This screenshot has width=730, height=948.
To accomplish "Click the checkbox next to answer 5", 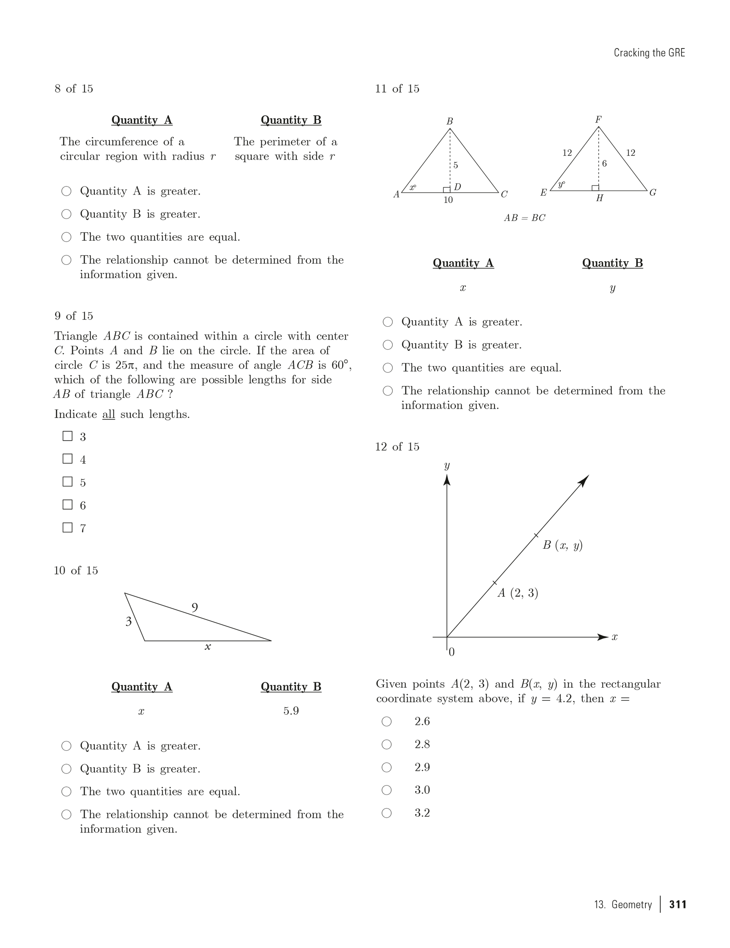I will pos(68,482).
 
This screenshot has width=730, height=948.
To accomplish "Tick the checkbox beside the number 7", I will pos(68,527).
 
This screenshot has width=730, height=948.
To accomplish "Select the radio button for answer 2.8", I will pos(387,744).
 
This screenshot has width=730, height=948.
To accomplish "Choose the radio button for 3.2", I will pos(387,813).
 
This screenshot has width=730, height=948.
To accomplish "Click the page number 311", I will pos(677,904).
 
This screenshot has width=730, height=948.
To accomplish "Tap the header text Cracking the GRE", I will pos(649,53).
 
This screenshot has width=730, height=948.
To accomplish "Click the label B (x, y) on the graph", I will pos(562,545).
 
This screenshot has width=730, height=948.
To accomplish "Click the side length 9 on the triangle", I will pos(195,607).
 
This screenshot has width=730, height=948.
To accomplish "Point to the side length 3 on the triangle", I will pos(129,621).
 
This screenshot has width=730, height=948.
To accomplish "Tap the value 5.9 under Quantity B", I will pos(291,711).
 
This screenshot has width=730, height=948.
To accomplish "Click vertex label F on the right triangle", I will pos(598,119).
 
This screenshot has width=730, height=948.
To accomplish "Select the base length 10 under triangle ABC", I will pos(448,200).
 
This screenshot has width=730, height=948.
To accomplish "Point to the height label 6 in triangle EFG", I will pos(604,164).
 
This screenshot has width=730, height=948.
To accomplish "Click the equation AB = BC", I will pos(524,218).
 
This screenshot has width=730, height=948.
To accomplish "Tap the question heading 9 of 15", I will pos(74,316).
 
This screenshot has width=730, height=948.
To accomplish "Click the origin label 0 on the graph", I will pos(452,652).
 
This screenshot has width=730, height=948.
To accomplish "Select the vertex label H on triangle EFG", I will pos(599,199).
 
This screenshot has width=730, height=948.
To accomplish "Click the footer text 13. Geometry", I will pos(623,904).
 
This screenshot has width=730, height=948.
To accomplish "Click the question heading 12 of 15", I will pos(397,447).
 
